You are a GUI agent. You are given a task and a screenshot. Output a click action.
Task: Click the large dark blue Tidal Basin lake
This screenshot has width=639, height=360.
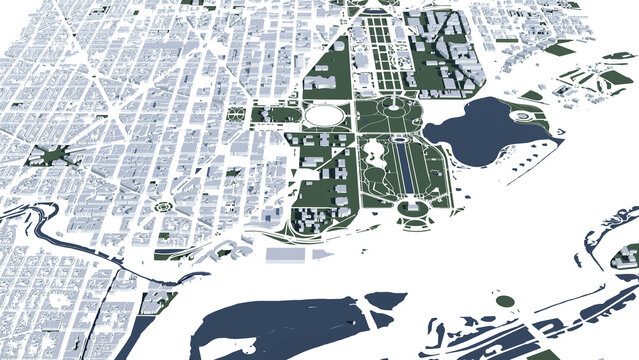[x=475, y=128]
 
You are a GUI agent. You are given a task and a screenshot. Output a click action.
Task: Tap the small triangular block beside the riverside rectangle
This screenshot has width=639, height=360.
[x=322, y=255]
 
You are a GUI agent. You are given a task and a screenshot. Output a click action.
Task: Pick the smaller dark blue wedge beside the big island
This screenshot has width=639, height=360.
[x=384, y=299]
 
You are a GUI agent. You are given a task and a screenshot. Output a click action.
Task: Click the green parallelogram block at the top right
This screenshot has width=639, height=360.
[x=562, y=48]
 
